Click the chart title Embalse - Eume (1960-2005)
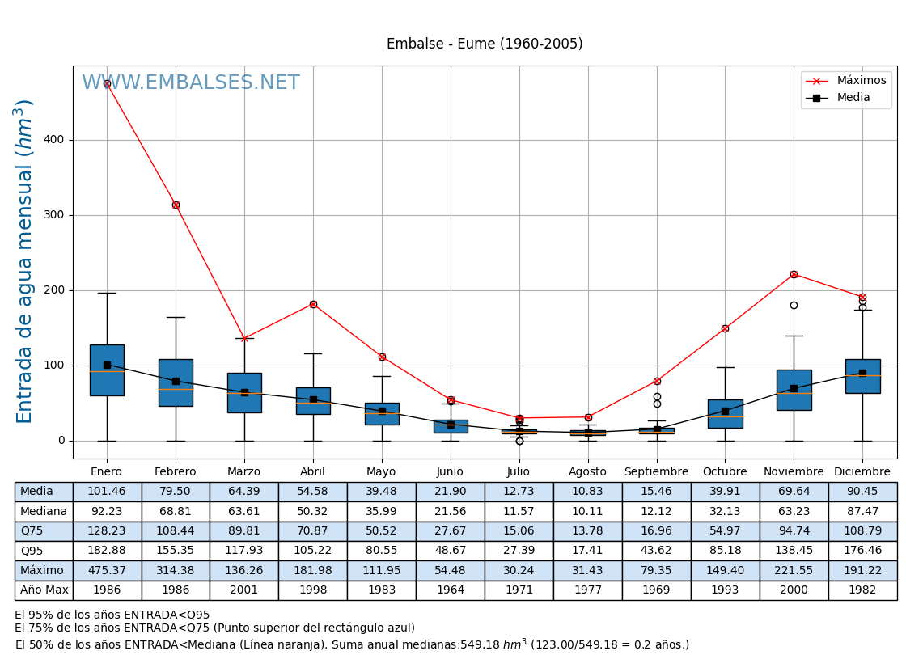pos(485,44)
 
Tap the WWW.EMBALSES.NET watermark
pos(191,83)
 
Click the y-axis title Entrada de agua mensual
pos(25,261)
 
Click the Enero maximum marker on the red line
pos(107,83)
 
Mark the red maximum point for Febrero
pos(176,205)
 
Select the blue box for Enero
pos(107,370)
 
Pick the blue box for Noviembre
pos(794,390)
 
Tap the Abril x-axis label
pos(313,472)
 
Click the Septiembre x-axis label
pos(656,472)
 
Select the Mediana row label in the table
pos(44,512)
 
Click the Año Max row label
pos(44,590)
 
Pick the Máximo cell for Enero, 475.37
pos(107,571)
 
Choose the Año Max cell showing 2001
pos(243,590)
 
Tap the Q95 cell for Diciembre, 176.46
pos(862,551)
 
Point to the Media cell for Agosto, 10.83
pos(587,492)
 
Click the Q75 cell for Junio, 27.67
pos(450,531)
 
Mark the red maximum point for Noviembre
pos(794,274)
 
